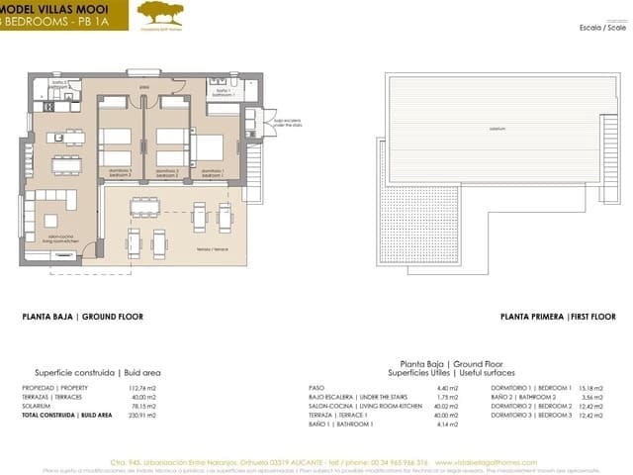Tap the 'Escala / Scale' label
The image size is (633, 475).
click(602, 28)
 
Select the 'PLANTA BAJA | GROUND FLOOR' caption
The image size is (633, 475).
click(83, 318)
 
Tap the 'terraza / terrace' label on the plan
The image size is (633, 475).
click(206, 248)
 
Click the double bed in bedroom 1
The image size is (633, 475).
click(209, 148)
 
